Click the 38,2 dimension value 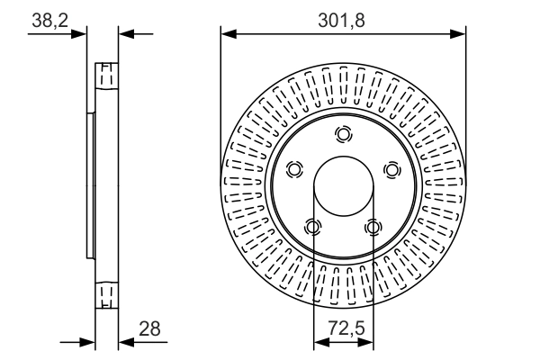pos(49,18)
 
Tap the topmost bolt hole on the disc pos(342,135)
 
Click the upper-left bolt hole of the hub pos(293,170)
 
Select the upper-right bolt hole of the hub pos(391,170)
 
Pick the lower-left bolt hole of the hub pos(312,227)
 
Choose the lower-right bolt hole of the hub pos(372,227)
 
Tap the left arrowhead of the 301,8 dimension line pos(227,34)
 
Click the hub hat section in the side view pos(91,184)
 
